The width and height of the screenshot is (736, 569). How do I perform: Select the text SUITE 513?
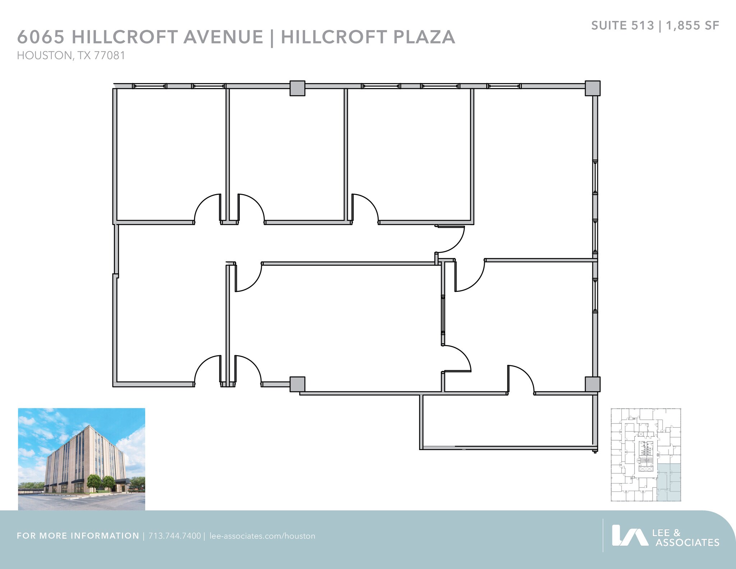pyautogui.click(x=622, y=26)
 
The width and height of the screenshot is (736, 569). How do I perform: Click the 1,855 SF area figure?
pyautogui.click(x=692, y=26)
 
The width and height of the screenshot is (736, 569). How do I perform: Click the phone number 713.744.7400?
pyautogui.click(x=175, y=536)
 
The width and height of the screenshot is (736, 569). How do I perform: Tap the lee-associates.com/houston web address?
pyautogui.click(x=262, y=536)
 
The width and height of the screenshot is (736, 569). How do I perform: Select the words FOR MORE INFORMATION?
pyautogui.click(x=78, y=536)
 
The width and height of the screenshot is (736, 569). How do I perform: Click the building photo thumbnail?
pyautogui.click(x=82, y=459)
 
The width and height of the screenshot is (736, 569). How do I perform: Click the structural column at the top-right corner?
pyautogui.click(x=592, y=88)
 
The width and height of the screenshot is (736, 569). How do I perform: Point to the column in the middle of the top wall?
pyautogui.click(x=297, y=88)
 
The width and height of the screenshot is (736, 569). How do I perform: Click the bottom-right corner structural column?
pyautogui.click(x=592, y=384)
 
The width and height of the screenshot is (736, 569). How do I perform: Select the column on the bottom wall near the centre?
pyautogui.click(x=297, y=384)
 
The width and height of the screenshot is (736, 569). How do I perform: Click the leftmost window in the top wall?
pyautogui.click(x=149, y=86)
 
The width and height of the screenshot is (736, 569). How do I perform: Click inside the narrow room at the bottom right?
pyautogui.click(x=507, y=421)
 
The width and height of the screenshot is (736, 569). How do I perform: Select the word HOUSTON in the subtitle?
pyautogui.click(x=44, y=56)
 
